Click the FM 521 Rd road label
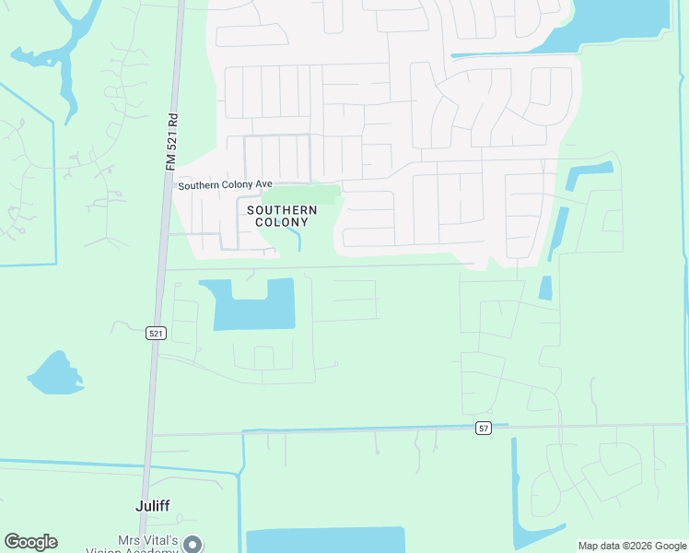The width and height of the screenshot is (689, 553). pyautogui.click(x=171, y=141)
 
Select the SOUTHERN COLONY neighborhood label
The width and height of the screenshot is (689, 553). pyautogui.click(x=282, y=216)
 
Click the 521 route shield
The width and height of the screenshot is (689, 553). pyautogui.click(x=156, y=333)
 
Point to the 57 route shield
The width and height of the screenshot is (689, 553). pyautogui.click(x=484, y=428)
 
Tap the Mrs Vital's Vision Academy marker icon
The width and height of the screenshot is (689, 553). pyautogui.click(x=192, y=544)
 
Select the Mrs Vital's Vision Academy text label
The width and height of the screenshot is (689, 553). pyautogui.click(x=134, y=545)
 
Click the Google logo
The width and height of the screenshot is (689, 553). pyautogui.click(x=30, y=542)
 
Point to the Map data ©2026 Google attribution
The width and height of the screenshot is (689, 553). pyautogui.click(x=632, y=546)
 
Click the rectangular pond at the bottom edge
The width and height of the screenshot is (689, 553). pyautogui.click(x=324, y=540)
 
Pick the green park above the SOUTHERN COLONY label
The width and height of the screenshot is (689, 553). pyautogui.click(x=300, y=194)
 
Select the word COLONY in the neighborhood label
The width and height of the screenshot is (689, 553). pyautogui.click(x=282, y=222)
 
